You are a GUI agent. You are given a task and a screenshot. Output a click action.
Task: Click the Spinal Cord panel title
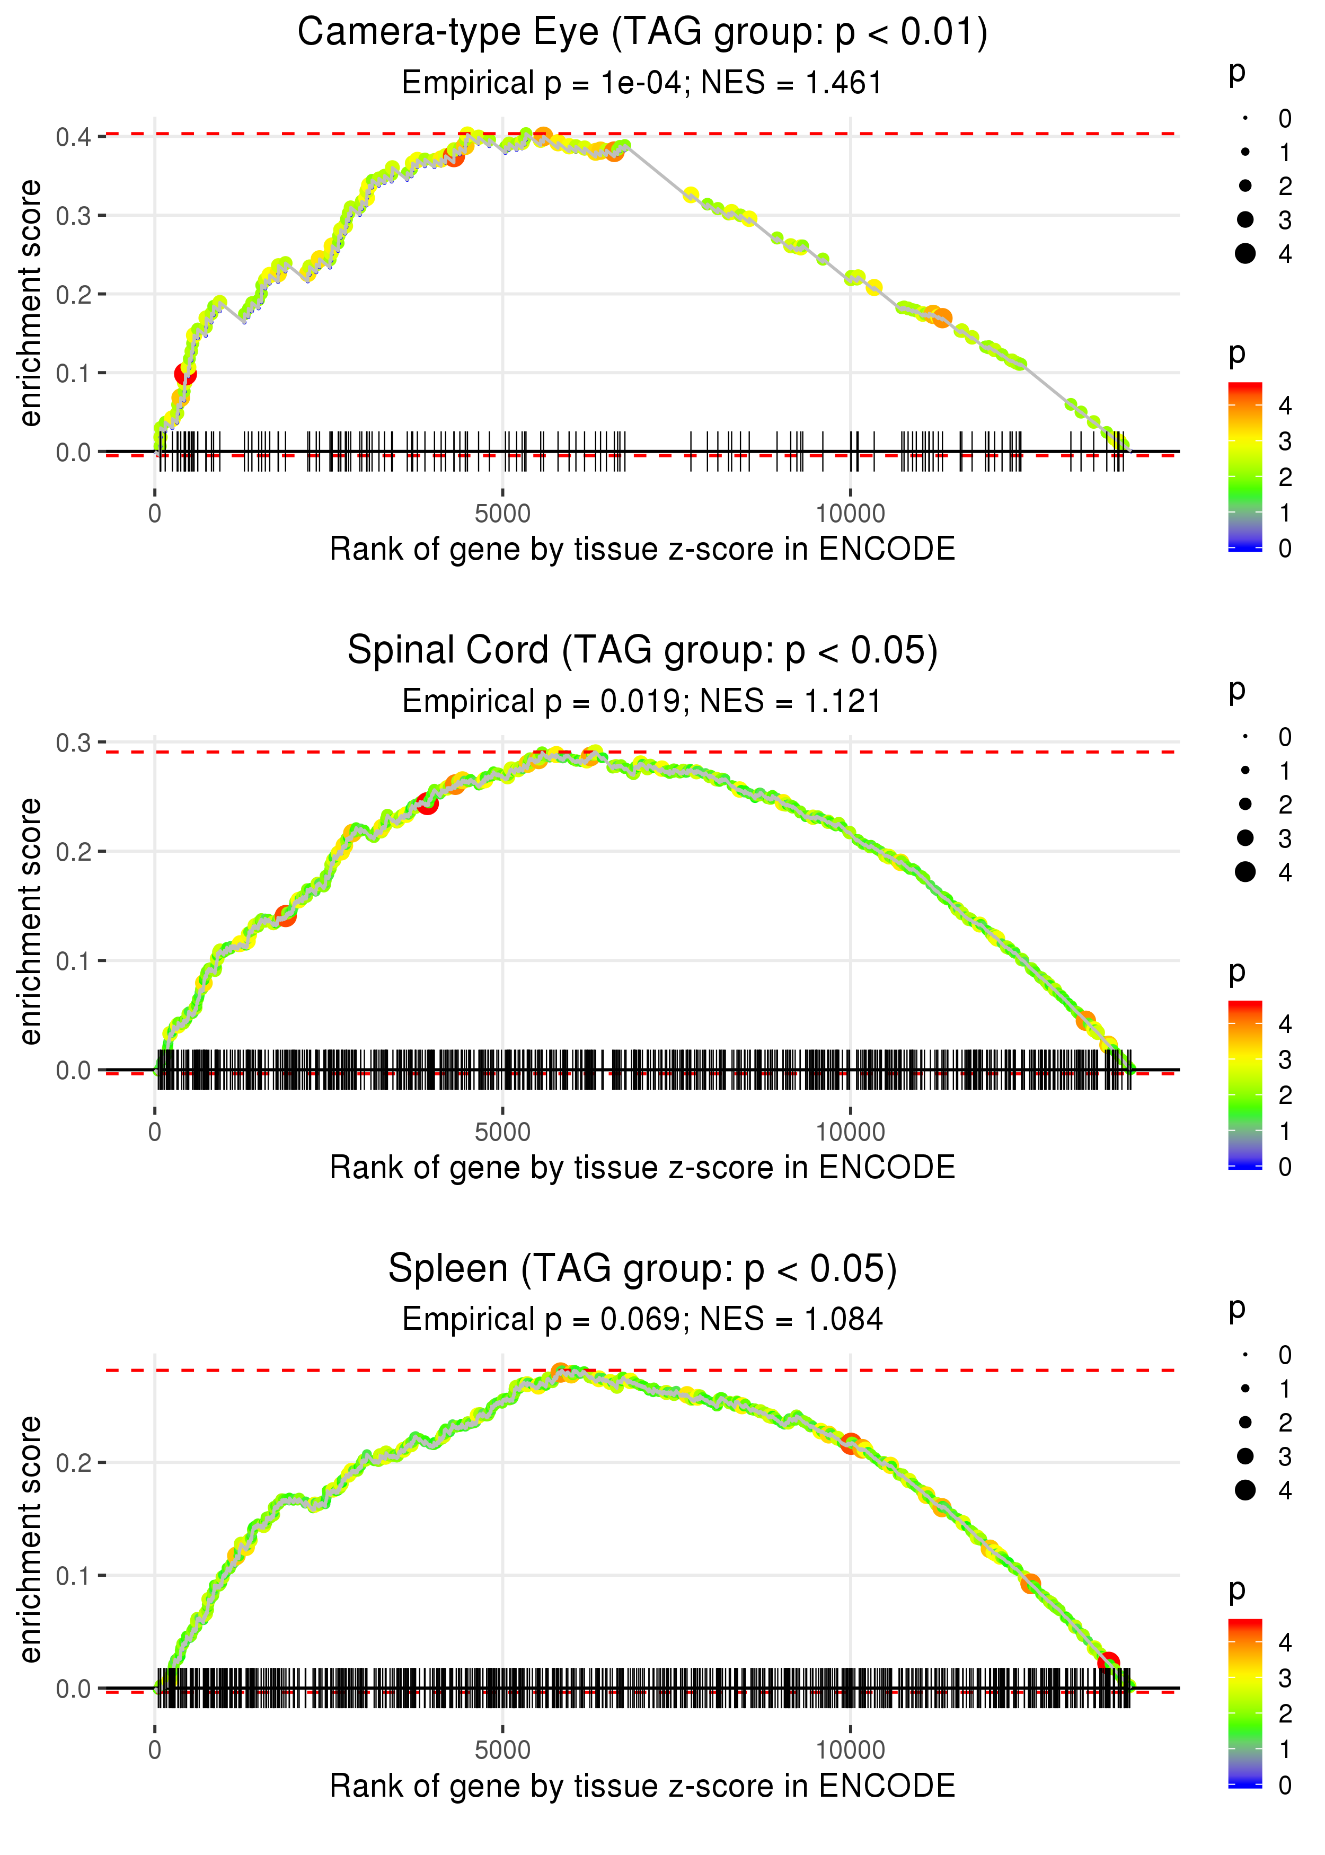[x=642, y=650]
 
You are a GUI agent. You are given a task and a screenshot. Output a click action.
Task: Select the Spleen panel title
[x=642, y=1268]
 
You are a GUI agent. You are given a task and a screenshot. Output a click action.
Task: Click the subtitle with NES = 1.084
[x=642, y=1319]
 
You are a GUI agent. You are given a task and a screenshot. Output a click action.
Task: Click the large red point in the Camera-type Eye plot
[x=185, y=374]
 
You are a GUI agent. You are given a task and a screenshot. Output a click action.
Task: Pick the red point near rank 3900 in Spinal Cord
[x=427, y=805]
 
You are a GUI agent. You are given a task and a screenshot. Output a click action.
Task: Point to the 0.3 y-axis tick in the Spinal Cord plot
[x=74, y=743]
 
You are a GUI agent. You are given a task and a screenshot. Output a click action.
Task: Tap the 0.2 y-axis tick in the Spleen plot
[x=74, y=1463]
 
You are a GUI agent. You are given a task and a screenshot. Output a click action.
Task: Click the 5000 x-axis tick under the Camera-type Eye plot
[x=502, y=514]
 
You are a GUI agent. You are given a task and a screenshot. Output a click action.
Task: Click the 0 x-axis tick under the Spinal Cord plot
[x=155, y=1132]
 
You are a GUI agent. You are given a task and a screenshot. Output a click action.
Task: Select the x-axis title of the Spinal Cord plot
[x=642, y=1168]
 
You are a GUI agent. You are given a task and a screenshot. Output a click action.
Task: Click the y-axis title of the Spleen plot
[x=30, y=1539]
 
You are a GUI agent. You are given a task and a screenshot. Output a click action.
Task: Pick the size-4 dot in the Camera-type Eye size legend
[x=1245, y=254]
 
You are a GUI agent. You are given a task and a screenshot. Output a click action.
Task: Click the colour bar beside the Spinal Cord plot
[x=1245, y=1085]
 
